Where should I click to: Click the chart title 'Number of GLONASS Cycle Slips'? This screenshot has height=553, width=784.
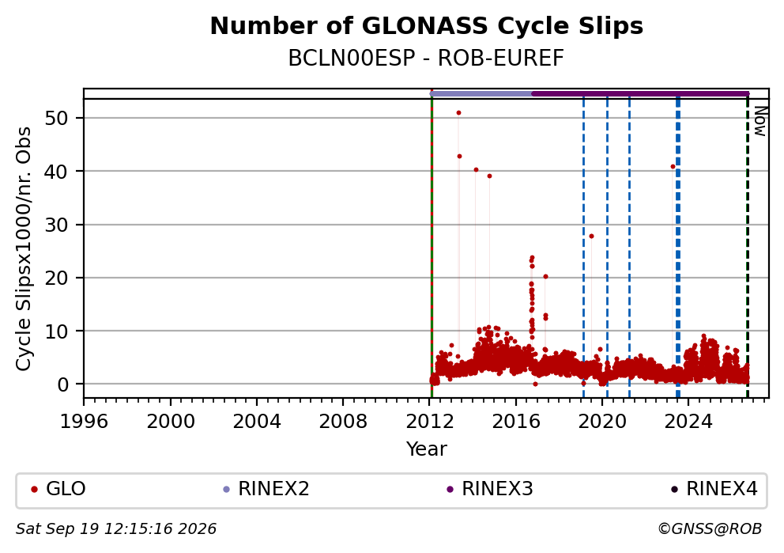tap(427, 26)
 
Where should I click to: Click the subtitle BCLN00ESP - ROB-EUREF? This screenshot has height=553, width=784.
tap(426, 59)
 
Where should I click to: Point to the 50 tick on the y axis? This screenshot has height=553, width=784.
tap(57, 118)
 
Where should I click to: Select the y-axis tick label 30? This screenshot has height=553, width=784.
tap(57, 225)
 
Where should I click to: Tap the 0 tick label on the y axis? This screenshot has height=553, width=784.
tap(63, 384)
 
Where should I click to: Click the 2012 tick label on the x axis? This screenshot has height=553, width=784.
tap(430, 422)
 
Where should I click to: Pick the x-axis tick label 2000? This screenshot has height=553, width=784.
tap(171, 422)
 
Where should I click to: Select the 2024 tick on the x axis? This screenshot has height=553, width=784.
tap(688, 422)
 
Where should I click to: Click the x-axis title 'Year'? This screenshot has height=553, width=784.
tap(427, 449)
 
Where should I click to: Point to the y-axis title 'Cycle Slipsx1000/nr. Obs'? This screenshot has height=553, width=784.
tap(23, 248)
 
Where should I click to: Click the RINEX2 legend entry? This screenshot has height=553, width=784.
tap(266, 489)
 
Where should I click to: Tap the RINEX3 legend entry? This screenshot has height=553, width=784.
tap(490, 489)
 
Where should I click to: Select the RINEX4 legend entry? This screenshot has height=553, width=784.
tap(714, 489)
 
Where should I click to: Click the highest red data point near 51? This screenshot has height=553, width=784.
tap(458, 112)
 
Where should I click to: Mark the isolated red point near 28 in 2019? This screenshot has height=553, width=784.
tap(591, 236)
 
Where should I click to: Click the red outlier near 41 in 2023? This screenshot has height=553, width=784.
tap(673, 167)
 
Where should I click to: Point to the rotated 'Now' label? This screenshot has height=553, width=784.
tap(760, 122)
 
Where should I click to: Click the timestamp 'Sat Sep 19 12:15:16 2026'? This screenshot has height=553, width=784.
tap(116, 529)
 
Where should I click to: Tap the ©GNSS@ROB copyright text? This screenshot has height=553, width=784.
tap(710, 529)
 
